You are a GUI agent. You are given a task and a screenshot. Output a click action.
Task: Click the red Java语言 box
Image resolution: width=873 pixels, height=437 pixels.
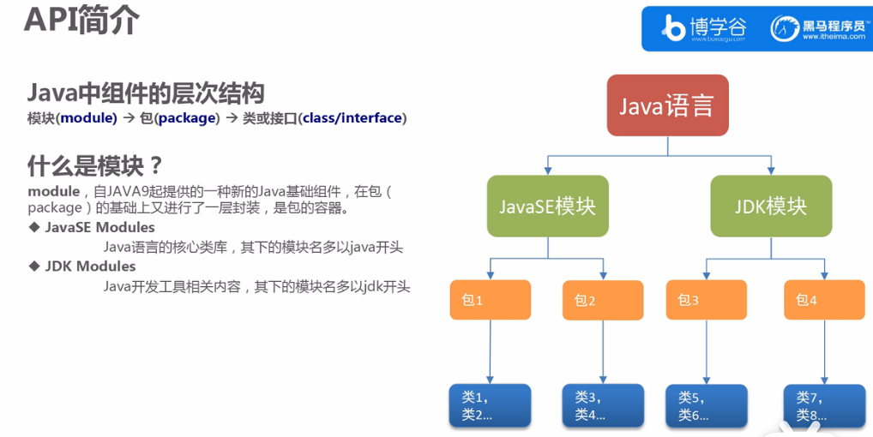[x=667, y=105]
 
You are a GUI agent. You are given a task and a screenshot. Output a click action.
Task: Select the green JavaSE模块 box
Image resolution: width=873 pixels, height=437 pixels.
[x=547, y=206]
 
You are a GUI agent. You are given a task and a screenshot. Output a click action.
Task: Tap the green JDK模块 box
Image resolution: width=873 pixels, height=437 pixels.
[x=770, y=206]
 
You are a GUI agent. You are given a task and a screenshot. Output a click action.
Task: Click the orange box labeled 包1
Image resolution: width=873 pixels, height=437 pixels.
[x=490, y=300]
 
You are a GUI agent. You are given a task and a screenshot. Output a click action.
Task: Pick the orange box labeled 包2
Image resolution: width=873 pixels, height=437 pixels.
[x=603, y=300]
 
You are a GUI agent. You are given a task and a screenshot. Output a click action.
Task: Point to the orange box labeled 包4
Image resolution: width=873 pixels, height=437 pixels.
[x=823, y=300]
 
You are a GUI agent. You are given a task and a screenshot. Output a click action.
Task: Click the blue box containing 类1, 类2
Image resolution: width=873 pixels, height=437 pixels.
[x=490, y=405]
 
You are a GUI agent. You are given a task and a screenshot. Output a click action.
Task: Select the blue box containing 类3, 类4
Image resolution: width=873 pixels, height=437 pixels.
[x=603, y=405]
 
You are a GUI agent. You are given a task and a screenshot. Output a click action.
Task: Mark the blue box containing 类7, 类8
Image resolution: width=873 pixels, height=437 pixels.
[x=823, y=405]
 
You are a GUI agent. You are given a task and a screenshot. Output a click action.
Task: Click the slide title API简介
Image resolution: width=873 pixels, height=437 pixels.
[x=81, y=21]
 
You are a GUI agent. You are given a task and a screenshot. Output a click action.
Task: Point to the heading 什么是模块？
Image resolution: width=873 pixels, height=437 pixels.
[x=95, y=164]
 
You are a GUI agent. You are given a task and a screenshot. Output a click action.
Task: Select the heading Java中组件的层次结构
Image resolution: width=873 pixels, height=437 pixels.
[x=146, y=93]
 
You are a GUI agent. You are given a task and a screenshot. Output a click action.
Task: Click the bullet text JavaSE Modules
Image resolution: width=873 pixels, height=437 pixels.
[x=99, y=227]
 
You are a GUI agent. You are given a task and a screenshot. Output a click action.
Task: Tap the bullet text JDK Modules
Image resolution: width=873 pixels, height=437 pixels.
[x=90, y=266]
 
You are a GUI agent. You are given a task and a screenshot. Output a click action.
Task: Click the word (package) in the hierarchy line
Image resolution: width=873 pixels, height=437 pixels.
[x=187, y=118]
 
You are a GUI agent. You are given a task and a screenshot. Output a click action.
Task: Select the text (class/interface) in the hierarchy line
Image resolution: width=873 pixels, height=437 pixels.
[x=352, y=118]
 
